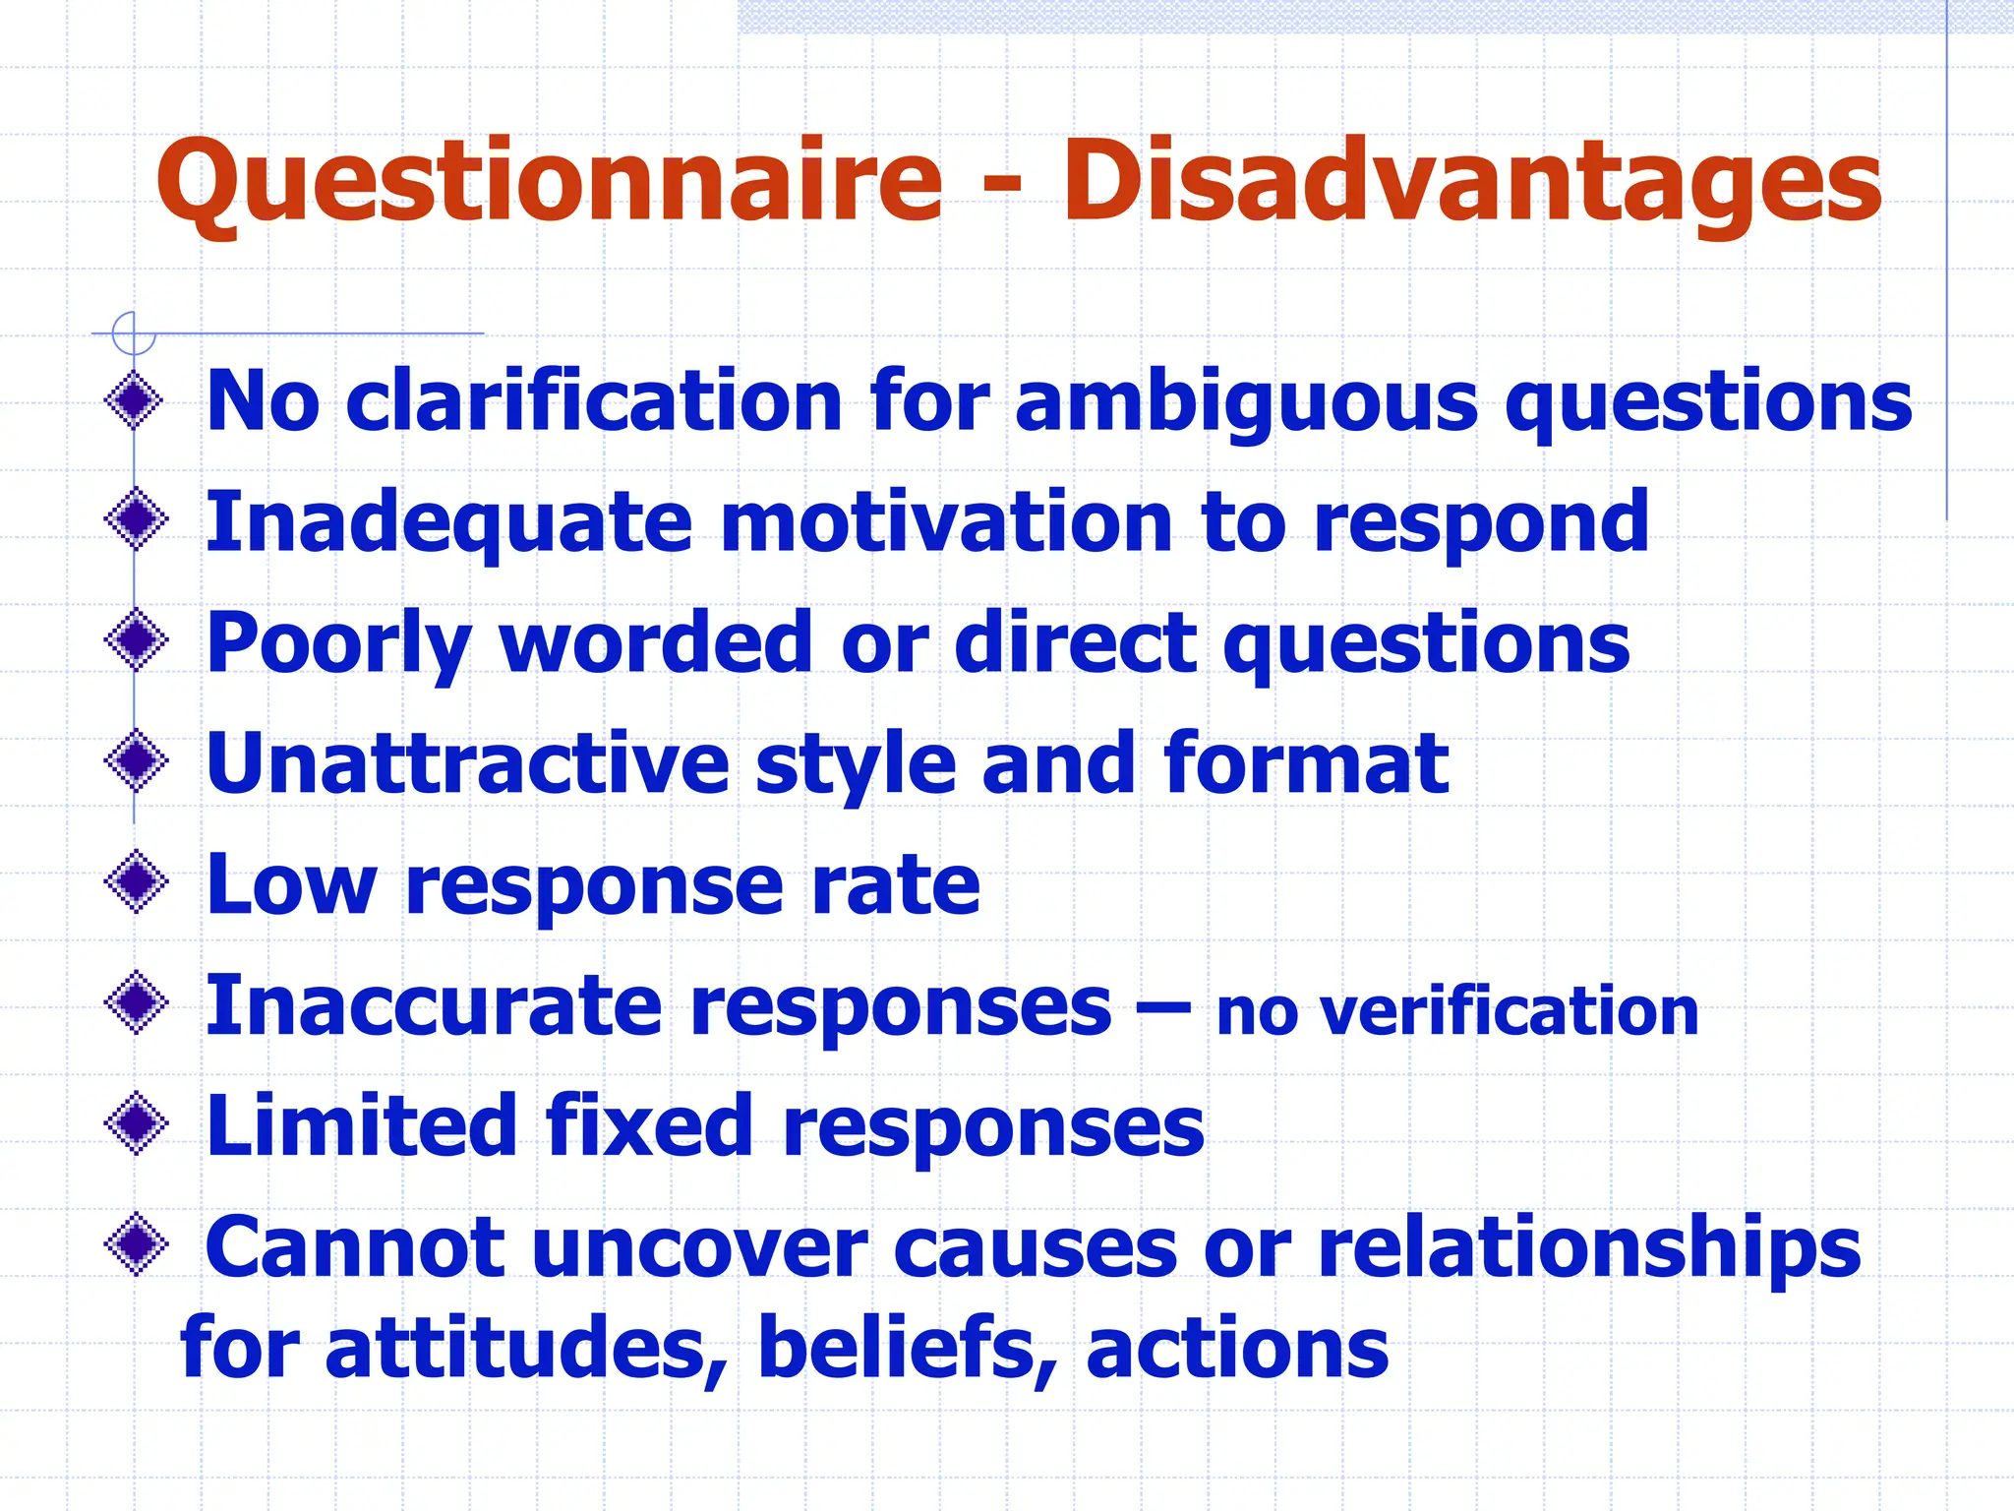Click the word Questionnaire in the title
(x=549, y=183)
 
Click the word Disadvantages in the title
(x=1471, y=183)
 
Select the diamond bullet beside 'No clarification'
(x=135, y=400)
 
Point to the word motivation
(x=947, y=522)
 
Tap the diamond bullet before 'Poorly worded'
(x=135, y=640)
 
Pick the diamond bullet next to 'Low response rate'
(x=135, y=881)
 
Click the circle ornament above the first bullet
(x=134, y=332)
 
